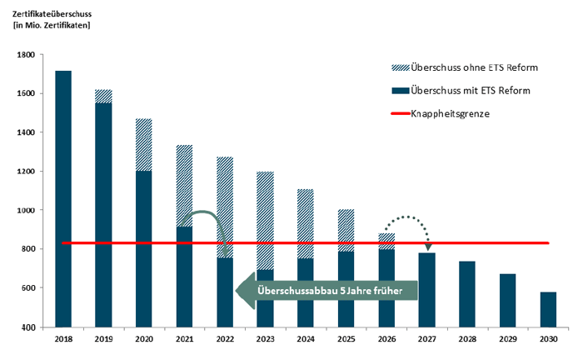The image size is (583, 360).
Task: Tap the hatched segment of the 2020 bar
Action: tap(144, 145)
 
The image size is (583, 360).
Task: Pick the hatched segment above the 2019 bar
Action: tap(103, 96)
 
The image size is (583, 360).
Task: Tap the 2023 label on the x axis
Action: tap(266, 340)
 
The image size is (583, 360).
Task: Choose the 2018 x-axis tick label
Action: tap(63, 340)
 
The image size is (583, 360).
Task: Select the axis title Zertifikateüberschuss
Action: tap(51, 12)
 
